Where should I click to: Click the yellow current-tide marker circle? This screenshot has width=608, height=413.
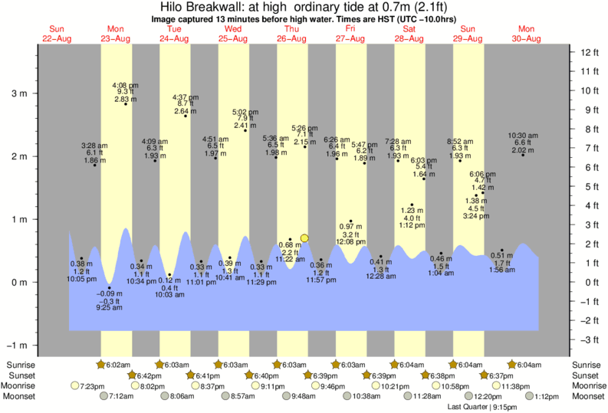[304, 238]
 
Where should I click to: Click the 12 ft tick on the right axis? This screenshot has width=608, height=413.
[588, 52]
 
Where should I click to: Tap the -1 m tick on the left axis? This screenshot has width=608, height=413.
[16, 346]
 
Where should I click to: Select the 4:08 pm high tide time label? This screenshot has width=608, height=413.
[125, 85]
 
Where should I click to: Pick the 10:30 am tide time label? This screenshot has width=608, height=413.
[524, 134]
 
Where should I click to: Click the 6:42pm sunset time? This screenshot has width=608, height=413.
[149, 375]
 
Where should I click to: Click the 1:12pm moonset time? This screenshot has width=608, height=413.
[547, 396]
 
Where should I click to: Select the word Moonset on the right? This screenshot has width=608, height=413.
[588, 396]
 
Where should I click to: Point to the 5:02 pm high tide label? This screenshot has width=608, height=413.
[245, 110]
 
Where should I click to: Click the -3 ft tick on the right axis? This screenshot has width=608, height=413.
[588, 339]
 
